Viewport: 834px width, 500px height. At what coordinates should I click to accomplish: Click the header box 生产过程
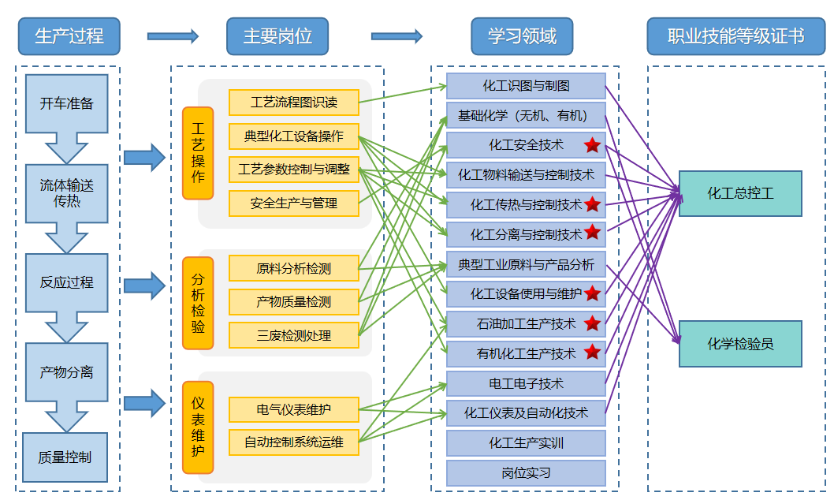click(x=69, y=36)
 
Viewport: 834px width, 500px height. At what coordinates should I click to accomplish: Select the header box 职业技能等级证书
click(x=735, y=36)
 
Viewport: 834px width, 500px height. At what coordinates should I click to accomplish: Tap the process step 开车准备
click(x=67, y=103)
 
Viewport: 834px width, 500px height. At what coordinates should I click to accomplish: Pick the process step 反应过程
click(x=67, y=282)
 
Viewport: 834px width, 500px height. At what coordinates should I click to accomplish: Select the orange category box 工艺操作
click(x=198, y=153)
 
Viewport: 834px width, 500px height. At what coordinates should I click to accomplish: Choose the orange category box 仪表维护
click(x=198, y=427)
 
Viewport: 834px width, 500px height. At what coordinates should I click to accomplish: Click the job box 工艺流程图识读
click(x=293, y=103)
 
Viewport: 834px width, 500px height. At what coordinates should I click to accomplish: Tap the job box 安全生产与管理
click(x=293, y=203)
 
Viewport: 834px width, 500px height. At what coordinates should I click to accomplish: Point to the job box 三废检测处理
click(x=293, y=335)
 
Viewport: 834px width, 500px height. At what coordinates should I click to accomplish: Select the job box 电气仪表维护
click(x=293, y=410)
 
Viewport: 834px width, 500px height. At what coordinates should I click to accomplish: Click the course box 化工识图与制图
click(x=526, y=86)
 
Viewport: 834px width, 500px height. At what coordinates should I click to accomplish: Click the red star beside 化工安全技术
click(x=592, y=145)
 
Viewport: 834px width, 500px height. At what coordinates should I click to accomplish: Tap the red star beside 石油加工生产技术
click(x=592, y=323)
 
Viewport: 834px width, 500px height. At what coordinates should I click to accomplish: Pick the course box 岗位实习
click(x=526, y=473)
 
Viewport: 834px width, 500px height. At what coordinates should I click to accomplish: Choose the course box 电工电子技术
click(x=526, y=383)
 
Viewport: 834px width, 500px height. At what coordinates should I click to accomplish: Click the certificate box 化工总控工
click(x=740, y=193)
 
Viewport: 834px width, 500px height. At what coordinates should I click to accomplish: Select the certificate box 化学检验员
click(x=740, y=344)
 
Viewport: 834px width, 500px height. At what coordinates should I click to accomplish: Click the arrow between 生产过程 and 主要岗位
click(x=173, y=35)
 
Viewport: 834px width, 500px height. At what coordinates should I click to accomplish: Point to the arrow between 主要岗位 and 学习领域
click(x=397, y=35)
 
